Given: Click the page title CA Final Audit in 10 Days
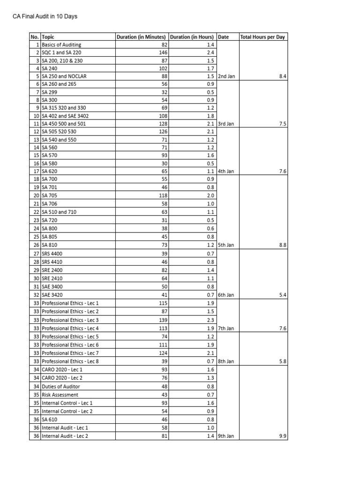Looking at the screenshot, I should tap(45, 16).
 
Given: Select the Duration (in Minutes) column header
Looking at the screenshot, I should tap(141, 37).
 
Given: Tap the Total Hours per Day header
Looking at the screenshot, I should tap(262, 37).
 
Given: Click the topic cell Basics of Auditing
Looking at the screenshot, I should tap(61, 45).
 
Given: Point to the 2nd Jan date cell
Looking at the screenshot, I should tap(226, 76).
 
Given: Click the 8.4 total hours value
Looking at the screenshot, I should tap(282, 76).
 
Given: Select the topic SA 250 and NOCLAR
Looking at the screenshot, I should tap(64, 76).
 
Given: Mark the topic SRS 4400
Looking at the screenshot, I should tap(52, 253).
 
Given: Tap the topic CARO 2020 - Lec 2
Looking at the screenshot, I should tap(62, 378).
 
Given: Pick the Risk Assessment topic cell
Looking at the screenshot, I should tap(60, 395).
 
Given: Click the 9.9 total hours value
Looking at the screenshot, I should tap(282, 436).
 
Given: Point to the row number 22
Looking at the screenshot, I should tap(36, 212).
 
